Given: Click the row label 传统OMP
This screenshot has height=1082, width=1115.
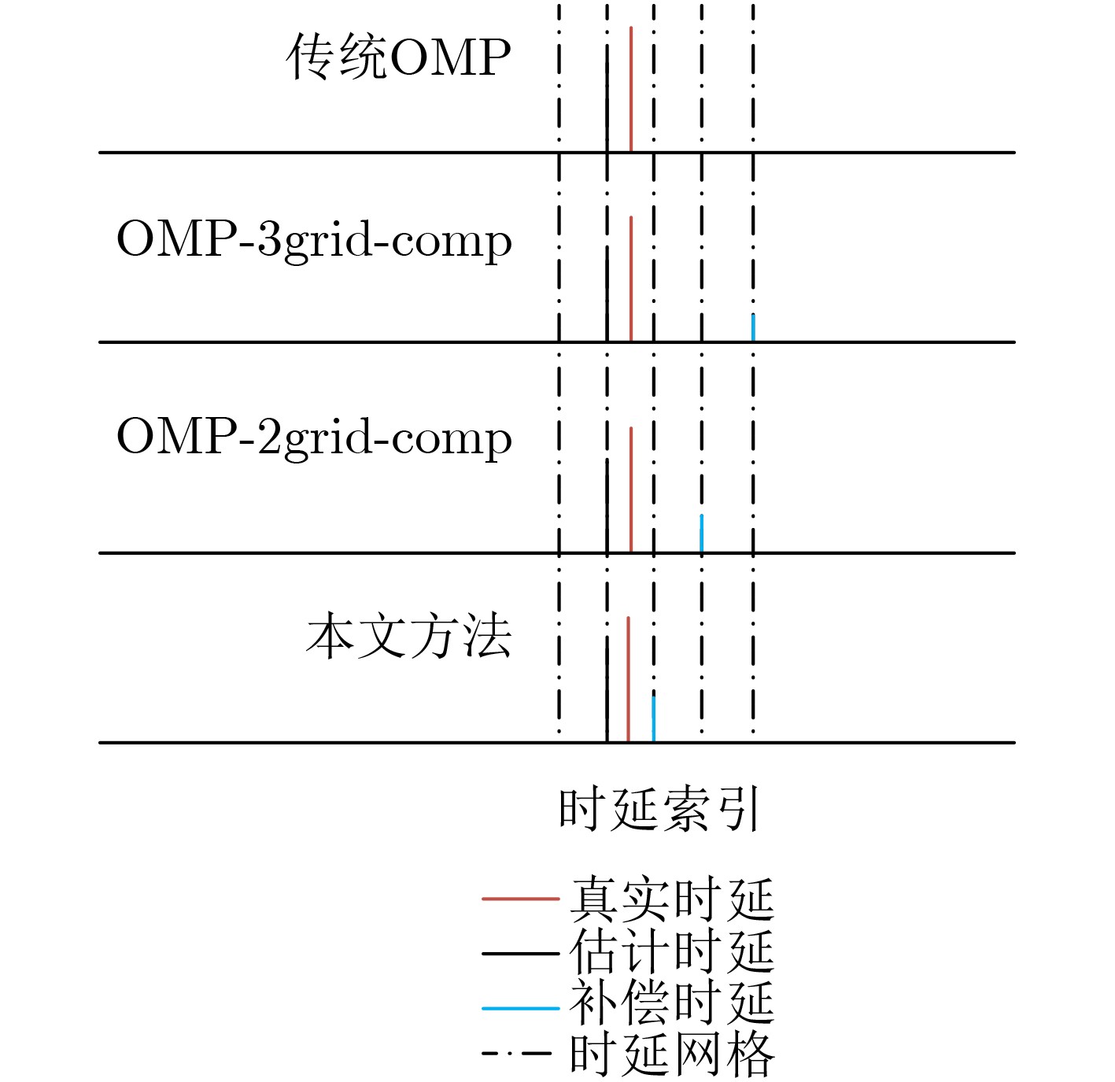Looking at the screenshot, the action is click(x=398, y=56).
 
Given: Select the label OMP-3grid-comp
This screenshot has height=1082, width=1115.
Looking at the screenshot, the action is click(x=314, y=241).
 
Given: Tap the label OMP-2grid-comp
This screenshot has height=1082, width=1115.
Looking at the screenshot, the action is click(x=314, y=438).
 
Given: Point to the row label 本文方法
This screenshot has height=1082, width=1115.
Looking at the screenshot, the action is click(x=408, y=635).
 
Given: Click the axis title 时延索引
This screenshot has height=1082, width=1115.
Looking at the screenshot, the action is click(x=659, y=809).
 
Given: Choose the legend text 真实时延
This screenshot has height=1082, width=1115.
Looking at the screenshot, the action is click(x=672, y=898).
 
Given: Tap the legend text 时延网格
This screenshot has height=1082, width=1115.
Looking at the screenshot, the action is click(x=672, y=1055).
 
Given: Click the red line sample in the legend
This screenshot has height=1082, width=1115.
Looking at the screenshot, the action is click(x=520, y=899).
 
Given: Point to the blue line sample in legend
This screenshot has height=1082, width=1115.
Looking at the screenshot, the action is click(x=520, y=1008).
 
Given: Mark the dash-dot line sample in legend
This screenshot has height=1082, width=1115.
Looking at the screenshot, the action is click(x=517, y=1054).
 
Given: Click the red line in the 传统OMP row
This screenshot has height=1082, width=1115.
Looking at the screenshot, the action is click(x=631, y=89).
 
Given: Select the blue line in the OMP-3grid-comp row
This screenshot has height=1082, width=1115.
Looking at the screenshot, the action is click(x=753, y=328).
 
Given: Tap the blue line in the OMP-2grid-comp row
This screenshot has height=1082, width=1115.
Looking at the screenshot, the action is click(x=701, y=534).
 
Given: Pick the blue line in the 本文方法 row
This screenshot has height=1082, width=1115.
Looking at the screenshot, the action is click(x=654, y=719).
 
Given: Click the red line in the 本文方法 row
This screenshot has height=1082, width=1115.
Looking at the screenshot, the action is click(x=628, y=680).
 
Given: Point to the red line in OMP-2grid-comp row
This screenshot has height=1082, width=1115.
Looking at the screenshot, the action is click(x=631, y=490).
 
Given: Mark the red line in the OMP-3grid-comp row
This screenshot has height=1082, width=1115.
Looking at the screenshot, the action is click(x=631, y=279).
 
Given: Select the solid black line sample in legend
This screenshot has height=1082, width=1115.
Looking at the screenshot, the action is click(x=520, y=954).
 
